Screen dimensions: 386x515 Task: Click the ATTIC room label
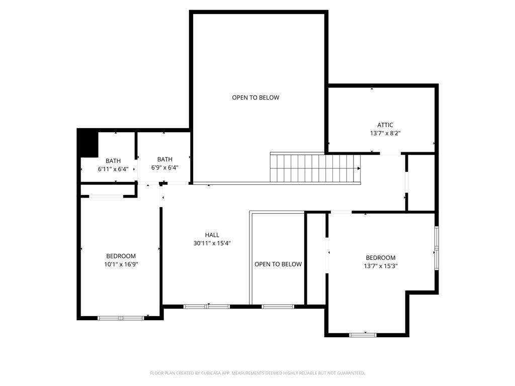(x=385, y=125)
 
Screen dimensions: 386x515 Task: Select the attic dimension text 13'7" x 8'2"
(x=385, y=134)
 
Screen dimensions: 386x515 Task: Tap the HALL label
(x=212, y=235)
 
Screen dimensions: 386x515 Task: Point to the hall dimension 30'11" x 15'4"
(x=212, y=243)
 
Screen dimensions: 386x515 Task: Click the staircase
(x=316, y=168)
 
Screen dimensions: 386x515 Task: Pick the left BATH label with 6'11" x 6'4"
(x=113, y=161)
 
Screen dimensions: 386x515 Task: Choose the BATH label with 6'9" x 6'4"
(x=164, y=159)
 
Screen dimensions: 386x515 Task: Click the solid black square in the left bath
(x=88, y=143)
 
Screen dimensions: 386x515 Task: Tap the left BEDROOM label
(x=121, y=256)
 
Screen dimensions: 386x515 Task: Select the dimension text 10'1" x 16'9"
(x=121, y=264)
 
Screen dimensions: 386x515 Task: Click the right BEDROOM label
(x=380, y=258)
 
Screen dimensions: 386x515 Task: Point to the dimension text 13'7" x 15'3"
(x=380, y=266)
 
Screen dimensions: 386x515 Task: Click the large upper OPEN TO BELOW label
(x=255, y=98)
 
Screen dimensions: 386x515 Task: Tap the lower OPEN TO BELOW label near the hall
(x=278, y=264)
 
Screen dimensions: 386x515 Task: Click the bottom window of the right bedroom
(x=363, y=334)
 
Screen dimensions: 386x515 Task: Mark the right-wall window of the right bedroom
(x=437, y=248)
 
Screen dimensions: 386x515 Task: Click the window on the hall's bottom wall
(x=207, y=306)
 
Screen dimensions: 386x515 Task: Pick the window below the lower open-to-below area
(x=278, y=306)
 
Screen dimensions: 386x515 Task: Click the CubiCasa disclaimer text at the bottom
(x=257, y=373)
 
